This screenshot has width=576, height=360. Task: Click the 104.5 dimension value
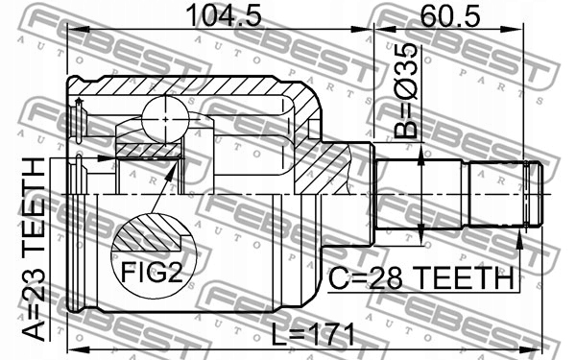click(224, 15)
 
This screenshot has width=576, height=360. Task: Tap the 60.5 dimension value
click(450, 15)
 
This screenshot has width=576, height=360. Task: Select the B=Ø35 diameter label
click(406, 90)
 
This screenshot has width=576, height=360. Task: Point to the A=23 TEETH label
click(34, 250)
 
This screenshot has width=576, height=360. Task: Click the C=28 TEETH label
click(421, 278)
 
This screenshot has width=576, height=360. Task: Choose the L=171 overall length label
click(313, 334)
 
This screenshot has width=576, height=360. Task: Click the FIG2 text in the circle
click(152, 273)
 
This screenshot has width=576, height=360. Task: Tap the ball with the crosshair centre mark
click(165, 119)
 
